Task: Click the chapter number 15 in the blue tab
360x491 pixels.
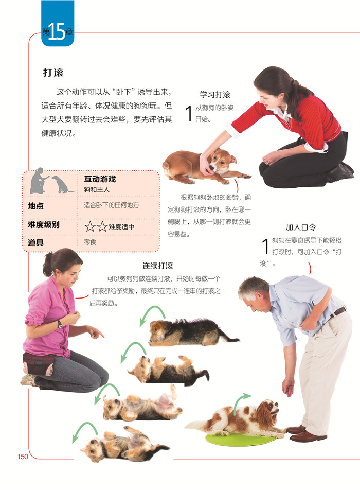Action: click(x=57, y=31)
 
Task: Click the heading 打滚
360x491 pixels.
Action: click(x=53, y=73)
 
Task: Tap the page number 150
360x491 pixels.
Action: click(x=23, y=457)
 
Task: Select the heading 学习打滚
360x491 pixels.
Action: click(x=215, y=95)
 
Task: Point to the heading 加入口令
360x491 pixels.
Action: click(x=300, y=227)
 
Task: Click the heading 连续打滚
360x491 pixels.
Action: click(x=158, y=266)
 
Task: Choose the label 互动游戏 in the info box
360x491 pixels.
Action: click(x=100, y=179)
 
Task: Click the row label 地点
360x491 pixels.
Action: click(x=35, y=206)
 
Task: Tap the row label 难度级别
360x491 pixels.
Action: click(x=44, y=224)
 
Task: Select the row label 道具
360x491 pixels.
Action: click(x=35, y=242)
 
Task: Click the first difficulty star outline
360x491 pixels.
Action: click(x=90, y=226)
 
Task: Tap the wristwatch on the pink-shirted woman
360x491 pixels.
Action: click(x=60, y=324)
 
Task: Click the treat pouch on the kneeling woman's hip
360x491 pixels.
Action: click(x=38, y=363)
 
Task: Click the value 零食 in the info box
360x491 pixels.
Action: click(x=90, y=242)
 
